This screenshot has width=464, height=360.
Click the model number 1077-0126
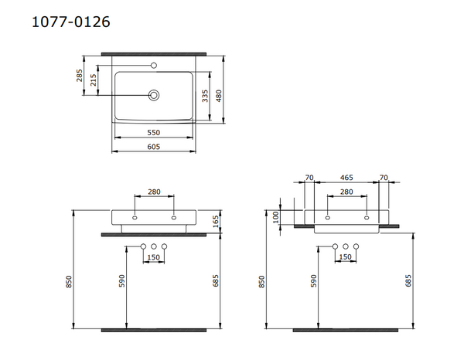pos(70,22)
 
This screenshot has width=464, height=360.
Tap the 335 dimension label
pos(206,95)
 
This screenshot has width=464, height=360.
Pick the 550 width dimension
pos(154,133)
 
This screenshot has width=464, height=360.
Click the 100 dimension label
pos(276,216)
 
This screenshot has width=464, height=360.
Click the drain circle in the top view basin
pos(154,95)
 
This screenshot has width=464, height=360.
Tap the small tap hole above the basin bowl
pos(154,65)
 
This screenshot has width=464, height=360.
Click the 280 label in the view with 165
pos(153,191)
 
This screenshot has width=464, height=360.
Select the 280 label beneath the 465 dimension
pos(346,191)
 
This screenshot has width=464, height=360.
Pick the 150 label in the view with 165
pos(153,257)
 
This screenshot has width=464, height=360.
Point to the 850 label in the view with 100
pos(262,282)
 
